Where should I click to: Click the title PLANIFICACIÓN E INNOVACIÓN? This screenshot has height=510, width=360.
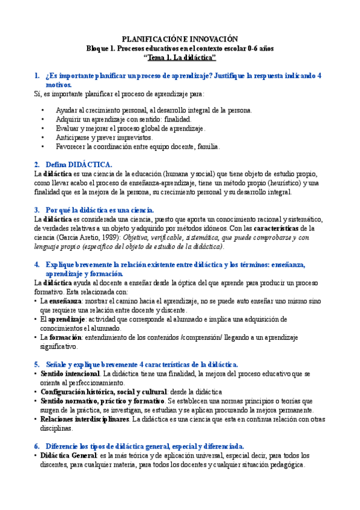point(180,37)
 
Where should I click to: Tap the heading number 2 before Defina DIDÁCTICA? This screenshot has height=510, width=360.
point(37,164)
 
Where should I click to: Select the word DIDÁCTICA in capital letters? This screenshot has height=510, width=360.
point(90,164)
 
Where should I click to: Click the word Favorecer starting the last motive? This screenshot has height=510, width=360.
point(71,146)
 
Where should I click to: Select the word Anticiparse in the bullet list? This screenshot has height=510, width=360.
point(72,137)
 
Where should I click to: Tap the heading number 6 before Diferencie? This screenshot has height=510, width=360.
point(37,446)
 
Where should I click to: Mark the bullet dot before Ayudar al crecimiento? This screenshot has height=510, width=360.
point(43,111)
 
